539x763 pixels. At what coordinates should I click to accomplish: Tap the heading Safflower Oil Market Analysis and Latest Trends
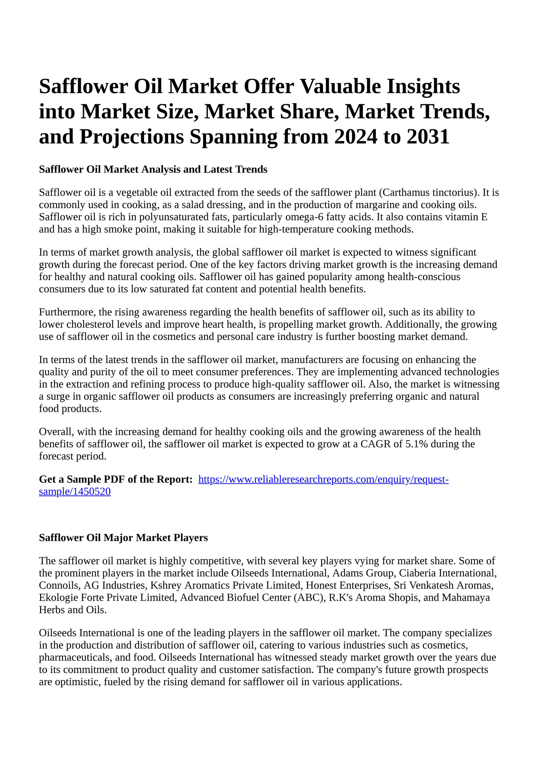click(x=153, y=169)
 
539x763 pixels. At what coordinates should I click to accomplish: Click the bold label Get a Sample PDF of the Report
click(x=116, y=479)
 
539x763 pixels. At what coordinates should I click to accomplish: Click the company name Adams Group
click(x=363, y=573)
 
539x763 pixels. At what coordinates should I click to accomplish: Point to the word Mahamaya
click(x=466, y=598)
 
